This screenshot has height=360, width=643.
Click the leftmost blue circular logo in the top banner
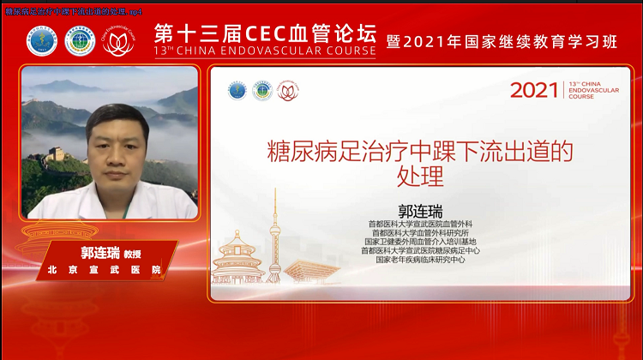[40, 41]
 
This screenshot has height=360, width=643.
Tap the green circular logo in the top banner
[80, 41]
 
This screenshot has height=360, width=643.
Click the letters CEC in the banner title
[262, 34]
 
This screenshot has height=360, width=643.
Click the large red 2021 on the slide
[534, 90]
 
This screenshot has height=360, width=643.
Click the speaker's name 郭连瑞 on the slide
[418, 211]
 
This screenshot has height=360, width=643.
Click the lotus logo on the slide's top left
[286, 91]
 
